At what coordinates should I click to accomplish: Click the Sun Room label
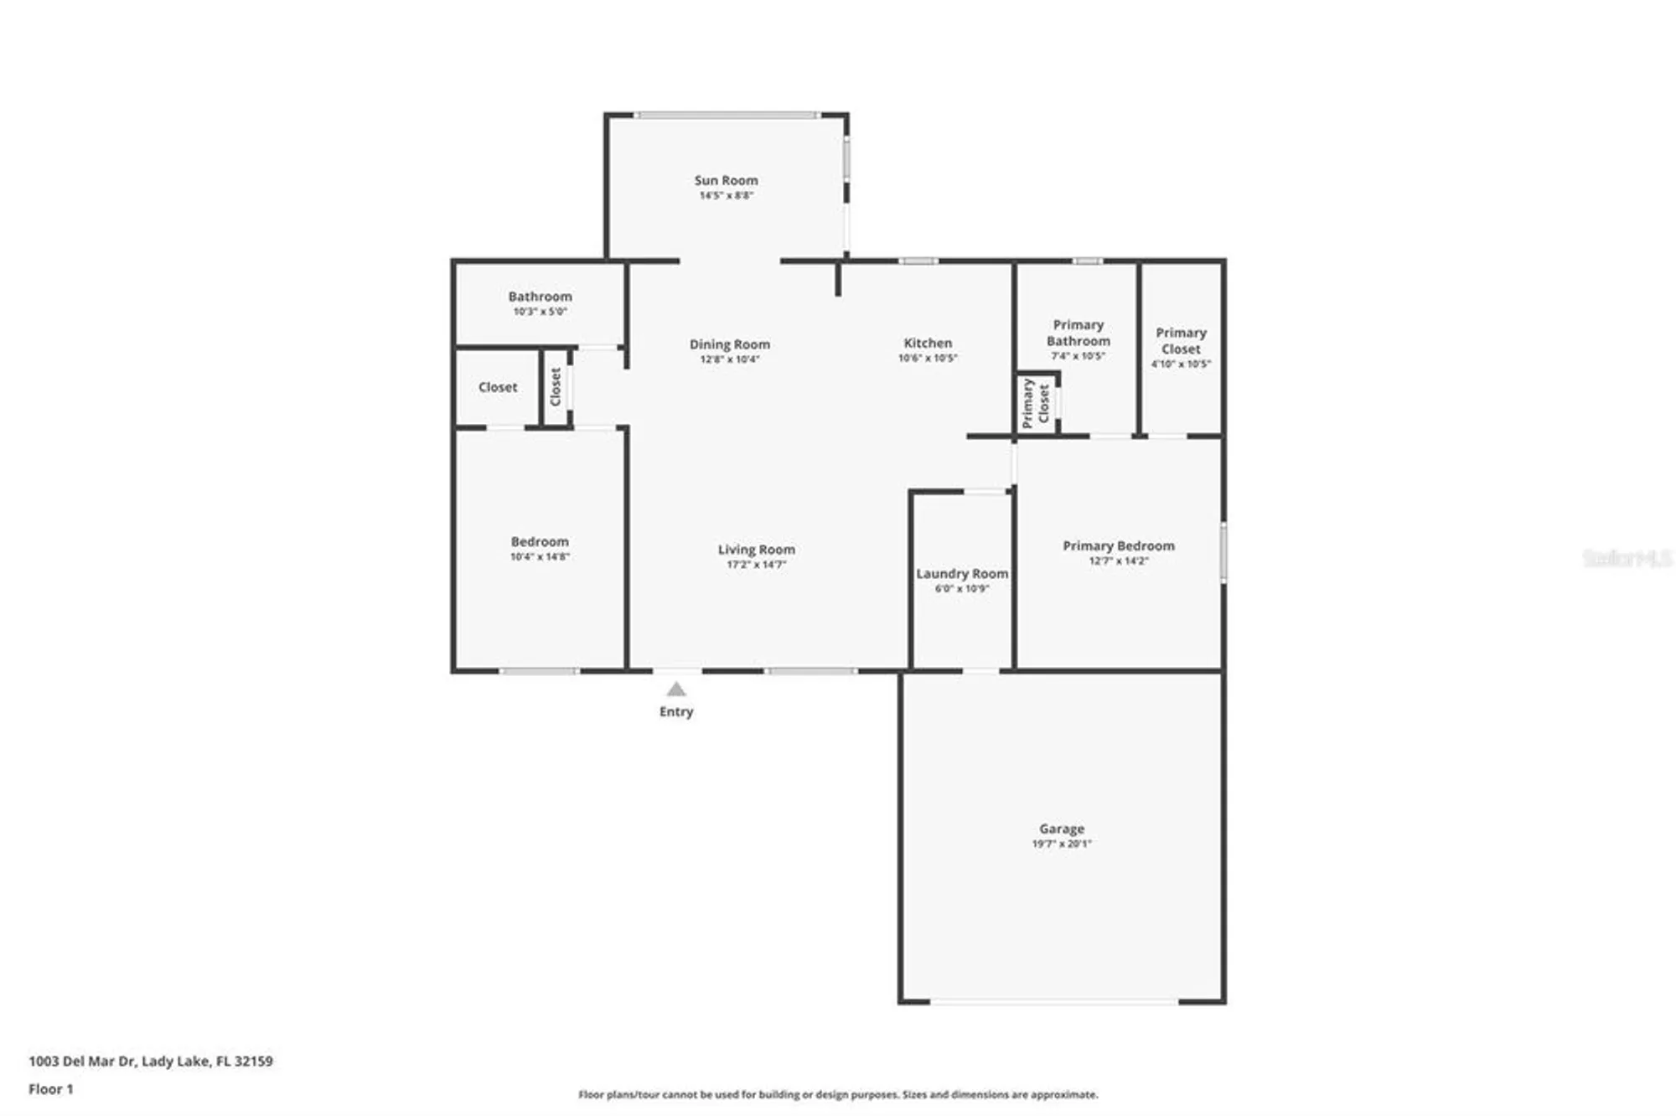tap(726, 180)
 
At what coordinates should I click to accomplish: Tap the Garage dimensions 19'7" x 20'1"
tap(1061, 844)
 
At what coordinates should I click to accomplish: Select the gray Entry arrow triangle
tap(676, 690)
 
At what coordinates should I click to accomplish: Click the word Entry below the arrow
tap(676, 711)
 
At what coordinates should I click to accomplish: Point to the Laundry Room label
tap(961, 574)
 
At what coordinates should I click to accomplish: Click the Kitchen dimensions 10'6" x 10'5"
tap(927, 358)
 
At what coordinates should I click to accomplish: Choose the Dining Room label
tap(729, 344)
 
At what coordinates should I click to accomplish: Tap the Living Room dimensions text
tap(756, 565)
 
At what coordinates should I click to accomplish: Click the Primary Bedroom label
tap(1118, 545)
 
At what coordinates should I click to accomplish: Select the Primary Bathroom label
tap(1078, 333)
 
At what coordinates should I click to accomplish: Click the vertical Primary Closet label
tap(1035, 403)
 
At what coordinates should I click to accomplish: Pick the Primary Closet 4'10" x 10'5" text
tap(1181, 364)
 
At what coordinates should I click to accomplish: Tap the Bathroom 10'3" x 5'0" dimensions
tap(540, 312)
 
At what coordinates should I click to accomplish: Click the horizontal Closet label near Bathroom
tap(498, 387)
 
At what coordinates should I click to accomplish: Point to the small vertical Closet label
tap(555, 386)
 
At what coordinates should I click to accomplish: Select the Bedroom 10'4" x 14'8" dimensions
tap(540, 556)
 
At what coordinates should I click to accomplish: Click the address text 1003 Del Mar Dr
tap(151, 1061)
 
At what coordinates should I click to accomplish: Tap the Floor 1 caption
tap(51, 1089)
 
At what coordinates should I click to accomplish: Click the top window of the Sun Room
tap(727, 115)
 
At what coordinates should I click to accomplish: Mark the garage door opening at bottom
tap(1054, 1001)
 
